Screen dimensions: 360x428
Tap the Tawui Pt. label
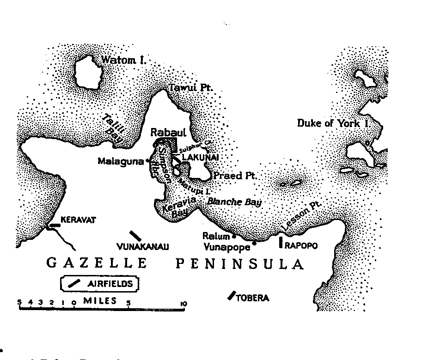(190, 87)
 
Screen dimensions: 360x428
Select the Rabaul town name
(168, 133)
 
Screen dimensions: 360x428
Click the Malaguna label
(121, 161)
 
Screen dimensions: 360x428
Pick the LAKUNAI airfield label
(200, 158)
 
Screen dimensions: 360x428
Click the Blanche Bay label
(234, 201)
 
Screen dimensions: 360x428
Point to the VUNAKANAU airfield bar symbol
(135, 235)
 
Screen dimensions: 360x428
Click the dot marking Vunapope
(254, 242)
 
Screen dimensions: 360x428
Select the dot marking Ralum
(234, 237)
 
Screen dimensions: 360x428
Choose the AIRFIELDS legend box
(100, 283)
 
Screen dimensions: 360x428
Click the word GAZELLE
(97, 264)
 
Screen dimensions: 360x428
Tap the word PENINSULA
(239, 264)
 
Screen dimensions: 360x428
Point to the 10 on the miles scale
(183, 304)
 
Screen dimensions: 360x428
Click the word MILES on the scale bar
(100, 301)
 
